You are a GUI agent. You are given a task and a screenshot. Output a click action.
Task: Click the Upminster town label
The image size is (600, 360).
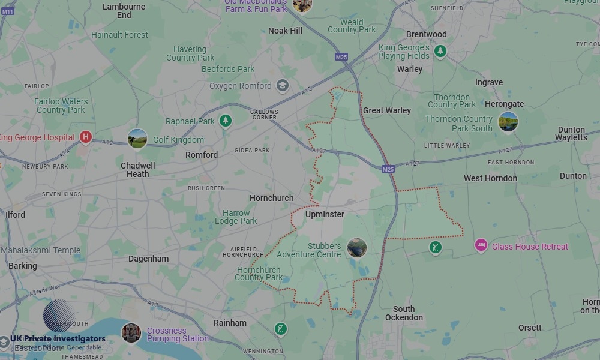pos(325,214)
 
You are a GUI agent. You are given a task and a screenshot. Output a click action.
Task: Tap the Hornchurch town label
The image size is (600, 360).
pos(272,198)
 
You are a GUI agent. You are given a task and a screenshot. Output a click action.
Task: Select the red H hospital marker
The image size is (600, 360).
pos(86,137)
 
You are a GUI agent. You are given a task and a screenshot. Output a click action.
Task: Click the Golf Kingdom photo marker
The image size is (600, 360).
pos(137,139)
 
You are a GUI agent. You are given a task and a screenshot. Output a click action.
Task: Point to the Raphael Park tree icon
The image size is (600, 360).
pos(226,121)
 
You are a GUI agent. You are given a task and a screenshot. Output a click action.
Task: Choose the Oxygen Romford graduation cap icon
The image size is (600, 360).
pos(282,86)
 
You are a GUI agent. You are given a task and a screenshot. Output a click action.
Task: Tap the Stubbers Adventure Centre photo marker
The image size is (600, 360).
pos(356,248)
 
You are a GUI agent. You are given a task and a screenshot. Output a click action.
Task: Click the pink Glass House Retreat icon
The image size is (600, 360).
pos(481,245)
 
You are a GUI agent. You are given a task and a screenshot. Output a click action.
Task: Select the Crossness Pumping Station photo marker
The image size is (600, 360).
pos(131,333)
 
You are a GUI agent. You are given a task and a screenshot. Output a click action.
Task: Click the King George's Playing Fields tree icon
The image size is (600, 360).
pos(440,52)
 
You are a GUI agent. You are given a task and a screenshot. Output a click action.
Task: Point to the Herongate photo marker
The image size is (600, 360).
pos(508,122)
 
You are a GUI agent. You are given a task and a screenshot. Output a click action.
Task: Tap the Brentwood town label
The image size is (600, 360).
pos(427,34)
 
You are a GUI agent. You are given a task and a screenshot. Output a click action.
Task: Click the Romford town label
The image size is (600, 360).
pos(202,155)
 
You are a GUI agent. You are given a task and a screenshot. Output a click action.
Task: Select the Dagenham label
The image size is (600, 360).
pos(149,259)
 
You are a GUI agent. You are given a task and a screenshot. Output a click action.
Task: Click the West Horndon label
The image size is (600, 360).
pos(490,178)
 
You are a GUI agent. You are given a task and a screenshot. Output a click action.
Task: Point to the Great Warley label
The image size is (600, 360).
pos(387,110)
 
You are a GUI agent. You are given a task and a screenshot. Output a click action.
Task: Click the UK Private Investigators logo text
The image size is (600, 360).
pos(58,339)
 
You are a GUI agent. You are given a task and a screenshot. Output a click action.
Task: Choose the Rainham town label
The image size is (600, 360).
pos(230,323)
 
